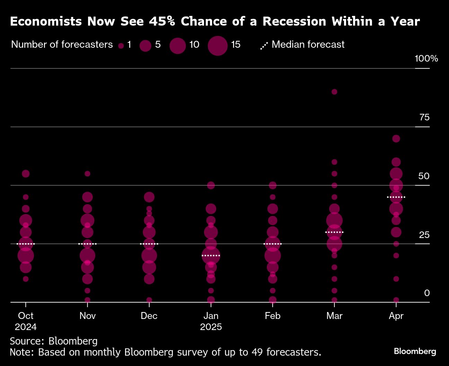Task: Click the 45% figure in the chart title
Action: (x=162, y=21)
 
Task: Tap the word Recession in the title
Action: (x=294, y=21)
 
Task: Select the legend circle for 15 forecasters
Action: (x=218, y=45)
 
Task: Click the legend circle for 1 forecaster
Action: (x=121, y=45)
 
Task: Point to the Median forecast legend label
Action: (x=308, y=45)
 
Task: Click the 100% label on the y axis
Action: (x=426, y=59)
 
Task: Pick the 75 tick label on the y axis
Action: (x=424, y=118)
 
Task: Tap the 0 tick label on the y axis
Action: (x=427, y=293)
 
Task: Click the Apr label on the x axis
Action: (x=396, y=316)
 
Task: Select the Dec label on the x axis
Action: (x=149, y=316)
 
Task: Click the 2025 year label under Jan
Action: (x=211, y=327)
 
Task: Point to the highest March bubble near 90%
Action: (x=334, y=92)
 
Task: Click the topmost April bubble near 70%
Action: (x=396, y=139)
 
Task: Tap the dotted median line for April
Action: (x=396, y=197)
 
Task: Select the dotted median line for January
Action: (x=211, y=256)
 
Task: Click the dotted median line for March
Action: (x=334, y=232)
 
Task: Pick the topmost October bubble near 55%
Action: (x=26, y=174)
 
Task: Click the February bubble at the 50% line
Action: (x=273, y=185)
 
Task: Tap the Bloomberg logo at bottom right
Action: (x=415, y=351)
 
